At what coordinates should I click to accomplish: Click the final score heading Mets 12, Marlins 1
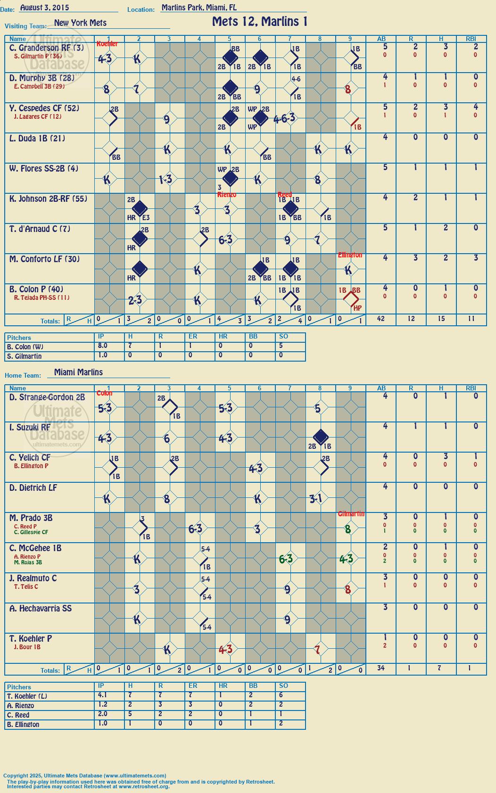click(259, 22)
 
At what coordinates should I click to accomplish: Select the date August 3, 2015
click(45, 8)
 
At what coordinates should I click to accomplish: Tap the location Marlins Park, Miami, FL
click(199, 8)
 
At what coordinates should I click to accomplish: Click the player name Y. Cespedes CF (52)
click(44, 108)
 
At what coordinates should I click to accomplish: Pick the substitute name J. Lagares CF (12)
click(38, 116)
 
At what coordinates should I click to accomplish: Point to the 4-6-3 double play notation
click(284, 118)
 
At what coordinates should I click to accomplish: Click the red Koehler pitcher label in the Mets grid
click(107, 44)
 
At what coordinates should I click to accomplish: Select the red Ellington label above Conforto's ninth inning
click(350, 255)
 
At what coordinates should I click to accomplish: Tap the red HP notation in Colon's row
click(357, 308)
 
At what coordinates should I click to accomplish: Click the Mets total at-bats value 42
click(381, 319)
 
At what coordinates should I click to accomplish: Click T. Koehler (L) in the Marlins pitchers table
click(27, 696)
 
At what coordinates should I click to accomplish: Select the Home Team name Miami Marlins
click(78, 372)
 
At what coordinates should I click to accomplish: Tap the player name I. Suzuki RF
click(30, 427)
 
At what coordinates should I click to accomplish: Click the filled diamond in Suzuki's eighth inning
click(321, 437)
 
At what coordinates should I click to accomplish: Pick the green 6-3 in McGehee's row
click(286, 559)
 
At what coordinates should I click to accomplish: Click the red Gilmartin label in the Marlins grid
click(351, 514)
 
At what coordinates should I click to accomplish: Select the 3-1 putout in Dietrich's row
click(315, 498)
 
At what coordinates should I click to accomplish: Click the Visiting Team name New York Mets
click(80, 23)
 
